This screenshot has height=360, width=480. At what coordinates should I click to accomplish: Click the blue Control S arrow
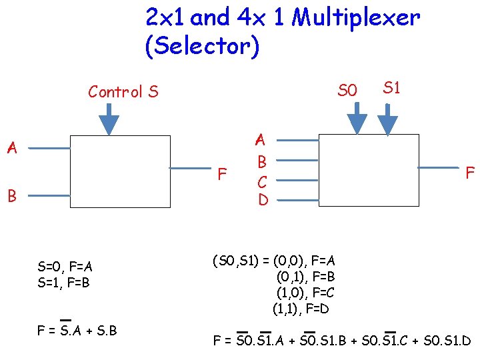tap(109, 120)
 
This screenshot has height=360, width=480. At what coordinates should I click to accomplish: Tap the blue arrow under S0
tap(357, 118)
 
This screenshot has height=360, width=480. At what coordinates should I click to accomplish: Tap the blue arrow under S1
tap(388, 118)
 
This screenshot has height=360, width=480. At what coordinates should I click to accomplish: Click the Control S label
tap(123, 91)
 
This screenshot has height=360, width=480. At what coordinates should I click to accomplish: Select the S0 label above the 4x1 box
tap(347, 90)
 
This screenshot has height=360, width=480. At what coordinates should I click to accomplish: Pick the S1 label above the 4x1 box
tap(391, 87)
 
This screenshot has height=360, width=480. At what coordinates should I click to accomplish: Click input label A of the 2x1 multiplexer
tap(11, 148)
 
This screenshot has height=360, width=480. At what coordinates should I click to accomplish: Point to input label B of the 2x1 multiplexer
tap(11, 196)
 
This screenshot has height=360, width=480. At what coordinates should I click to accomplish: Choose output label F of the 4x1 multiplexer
tap(469, 173)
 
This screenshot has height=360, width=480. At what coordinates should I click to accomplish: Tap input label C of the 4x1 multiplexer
tap(262, 181)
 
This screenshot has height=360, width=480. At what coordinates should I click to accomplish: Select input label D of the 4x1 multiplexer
tap(263, 199)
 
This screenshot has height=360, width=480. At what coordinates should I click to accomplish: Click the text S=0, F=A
tap(65, 268)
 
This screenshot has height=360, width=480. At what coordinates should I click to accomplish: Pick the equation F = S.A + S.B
tap(77, 329)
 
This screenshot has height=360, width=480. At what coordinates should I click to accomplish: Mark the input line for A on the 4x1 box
tap(298, 141)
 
